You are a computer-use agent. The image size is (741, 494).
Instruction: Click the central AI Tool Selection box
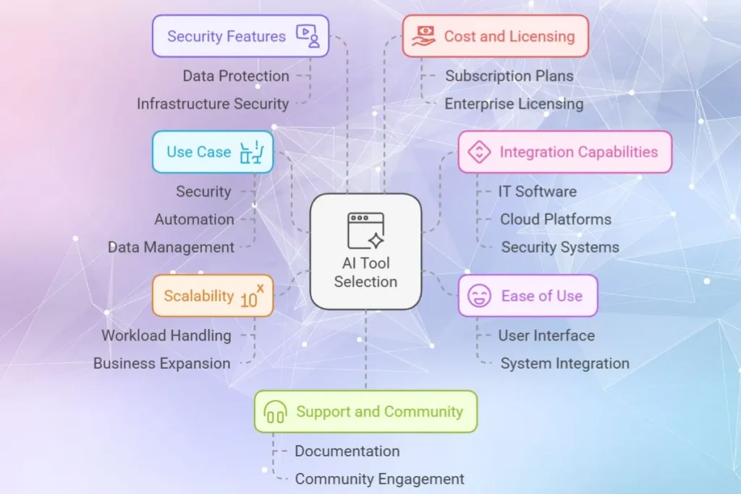pos(365,252)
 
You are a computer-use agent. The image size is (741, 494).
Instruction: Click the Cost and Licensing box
pos(496,36)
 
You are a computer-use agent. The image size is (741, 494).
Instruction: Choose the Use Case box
pos(212,152)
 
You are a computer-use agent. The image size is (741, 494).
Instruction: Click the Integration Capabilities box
pos(564,152)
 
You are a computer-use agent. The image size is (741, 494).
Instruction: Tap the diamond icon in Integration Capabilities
pos(479,152)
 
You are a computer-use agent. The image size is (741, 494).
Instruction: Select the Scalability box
pos(212,296)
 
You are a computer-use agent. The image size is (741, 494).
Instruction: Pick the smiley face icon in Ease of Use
pos(479,296)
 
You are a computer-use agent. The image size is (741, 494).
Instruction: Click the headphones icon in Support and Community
pos(275,412)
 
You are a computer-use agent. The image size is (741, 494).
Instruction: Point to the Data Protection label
pos(235,76)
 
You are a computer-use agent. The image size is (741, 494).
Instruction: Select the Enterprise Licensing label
pos(514,104)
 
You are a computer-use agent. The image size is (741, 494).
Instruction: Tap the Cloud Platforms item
pos(555,219)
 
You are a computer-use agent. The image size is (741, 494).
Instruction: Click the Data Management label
pos(171,247)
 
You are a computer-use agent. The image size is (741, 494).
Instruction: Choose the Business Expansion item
pos(161,364)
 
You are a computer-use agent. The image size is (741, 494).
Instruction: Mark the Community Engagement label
pos(379,479)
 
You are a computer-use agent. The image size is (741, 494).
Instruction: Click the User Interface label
pos(546,336)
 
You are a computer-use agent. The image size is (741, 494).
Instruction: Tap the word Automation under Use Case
pos(194,219)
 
